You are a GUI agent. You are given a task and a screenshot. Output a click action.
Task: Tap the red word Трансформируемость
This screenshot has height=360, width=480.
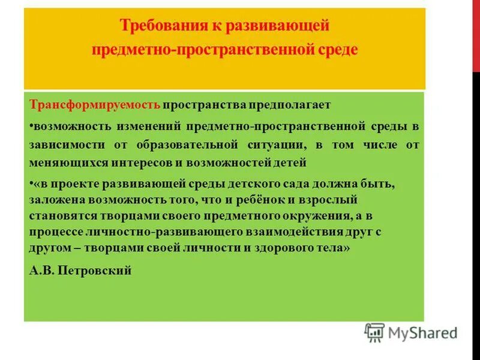[x=94, y=105]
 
